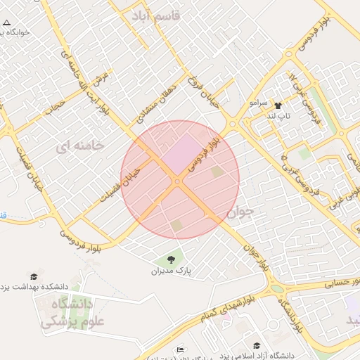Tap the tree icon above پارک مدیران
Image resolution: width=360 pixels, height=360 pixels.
point(171,260)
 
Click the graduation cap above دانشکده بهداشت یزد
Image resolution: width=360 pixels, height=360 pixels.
point(33,276)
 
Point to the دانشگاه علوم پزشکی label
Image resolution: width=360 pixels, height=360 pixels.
point(67,314)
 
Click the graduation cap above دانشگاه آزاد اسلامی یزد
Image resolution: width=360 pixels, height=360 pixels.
point(257,345)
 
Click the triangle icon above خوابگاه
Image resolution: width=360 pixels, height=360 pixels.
point(6,22)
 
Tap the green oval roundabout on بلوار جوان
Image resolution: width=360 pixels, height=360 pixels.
point(278,288)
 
